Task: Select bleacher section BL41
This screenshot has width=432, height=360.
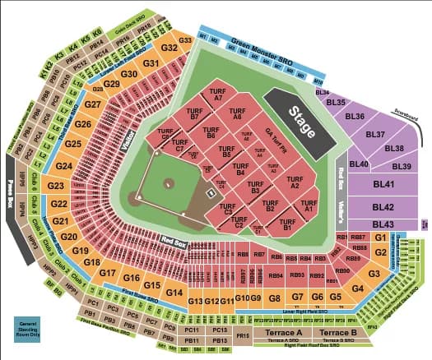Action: coord(383,186)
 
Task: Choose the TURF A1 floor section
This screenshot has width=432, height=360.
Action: coord(309,206)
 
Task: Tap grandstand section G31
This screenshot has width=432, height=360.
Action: coord(151,63)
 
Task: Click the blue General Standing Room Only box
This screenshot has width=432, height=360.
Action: coord(28,326)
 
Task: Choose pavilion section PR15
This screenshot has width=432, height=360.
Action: coord(242,335)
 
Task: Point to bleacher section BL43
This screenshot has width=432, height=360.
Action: coord(383,224)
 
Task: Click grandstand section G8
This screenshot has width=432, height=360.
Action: coord(275,298)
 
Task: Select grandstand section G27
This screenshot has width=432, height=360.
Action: coord(93,105)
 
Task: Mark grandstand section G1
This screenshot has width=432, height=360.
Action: coord(380,237)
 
